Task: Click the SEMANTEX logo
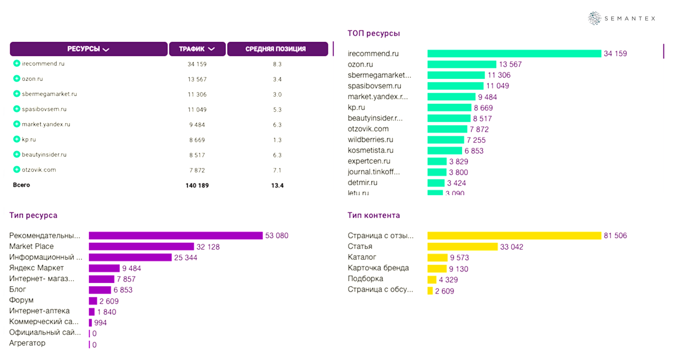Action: tap(622, 19)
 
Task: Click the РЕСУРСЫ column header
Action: tap(89, 49)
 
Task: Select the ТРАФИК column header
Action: tap(197, 49)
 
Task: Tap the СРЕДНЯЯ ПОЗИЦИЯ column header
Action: tap(275, 49)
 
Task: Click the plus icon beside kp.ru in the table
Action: tap(17, 139)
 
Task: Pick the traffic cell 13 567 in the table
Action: tap(197, 79)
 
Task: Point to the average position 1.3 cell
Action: tap(277, 140)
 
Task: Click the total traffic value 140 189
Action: tap(197, 186)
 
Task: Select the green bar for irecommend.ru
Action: tap(514, 53)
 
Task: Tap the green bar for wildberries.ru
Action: tap(446, 140)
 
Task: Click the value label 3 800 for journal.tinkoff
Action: tap(459, 172)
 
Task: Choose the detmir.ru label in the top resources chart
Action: tap(363, 183)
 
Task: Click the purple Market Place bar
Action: tap(141, 246)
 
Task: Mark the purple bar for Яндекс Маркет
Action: tap(104, 268)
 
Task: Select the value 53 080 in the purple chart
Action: tap(277, 236)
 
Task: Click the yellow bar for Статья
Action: tap(462, 247)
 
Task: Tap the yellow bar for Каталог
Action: tap(437, 257)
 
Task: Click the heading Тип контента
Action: tap(374, 215)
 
